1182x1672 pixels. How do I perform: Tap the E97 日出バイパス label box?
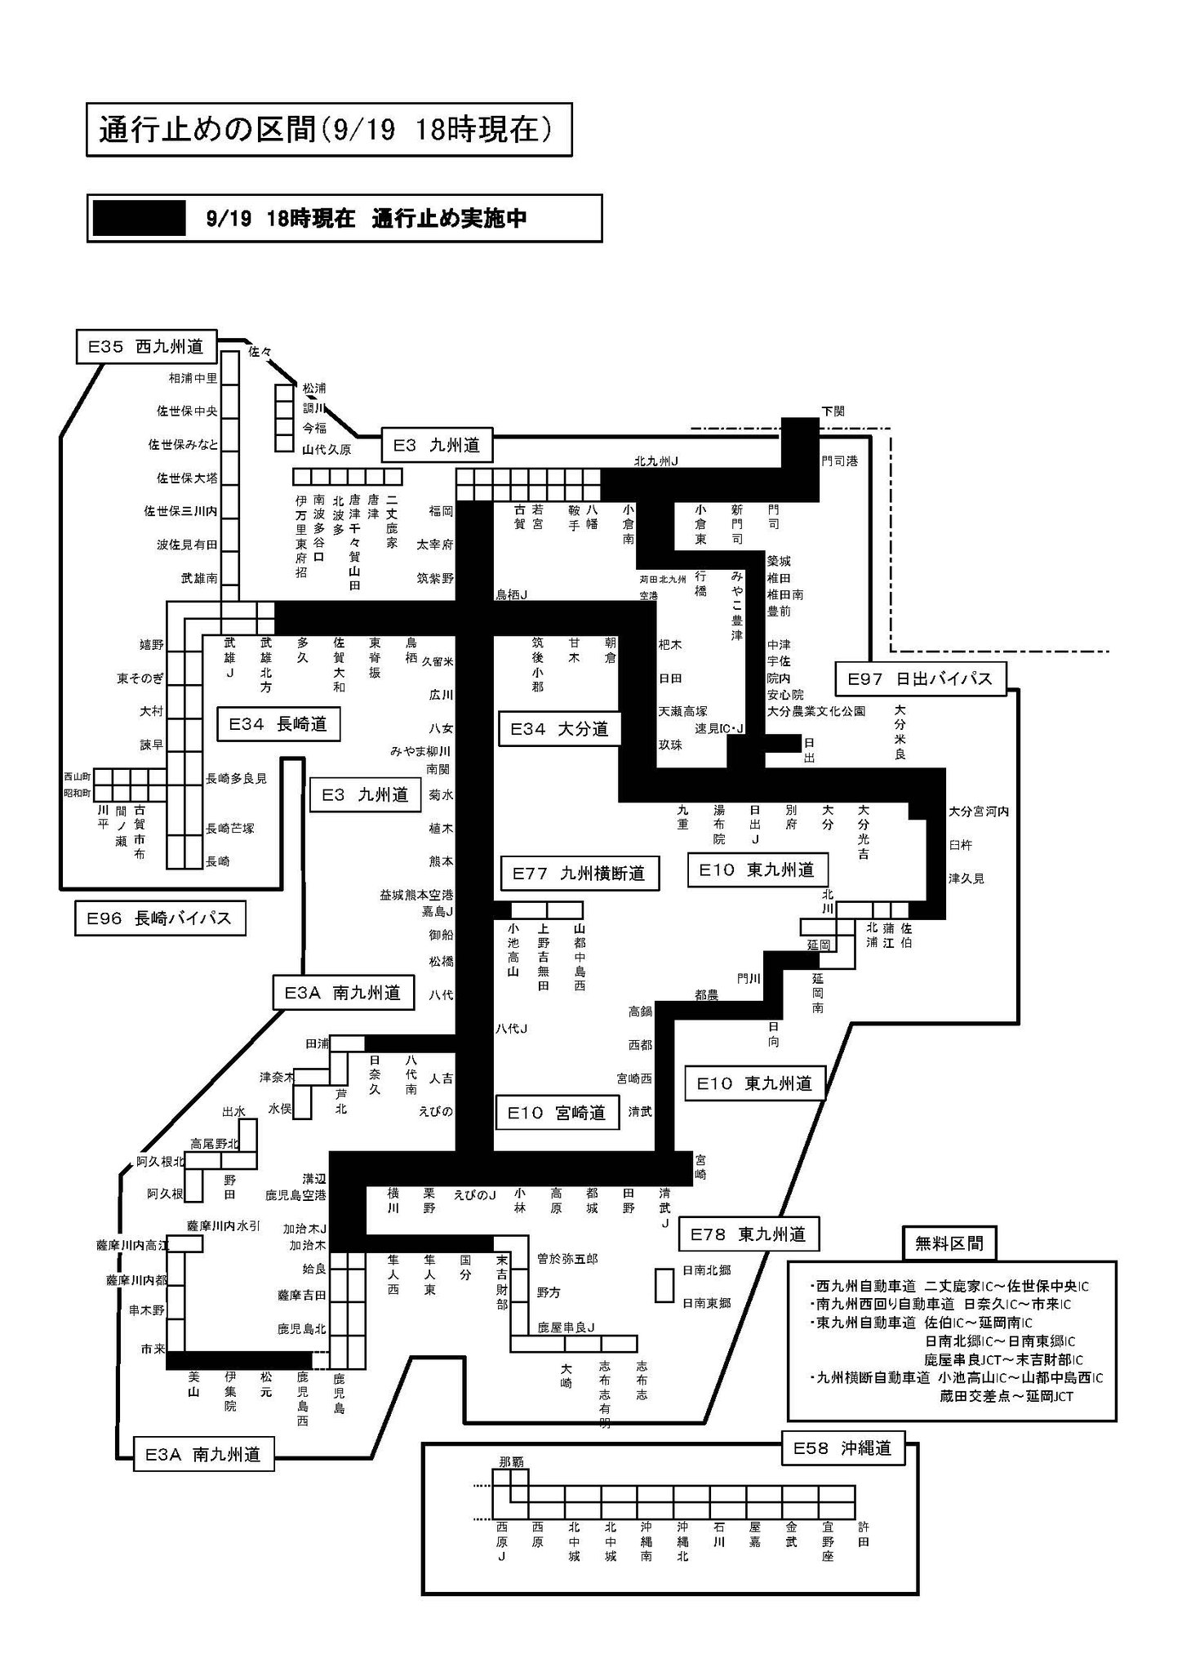tap(920, 678)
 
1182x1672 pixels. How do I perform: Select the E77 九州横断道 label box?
tap(579, 874)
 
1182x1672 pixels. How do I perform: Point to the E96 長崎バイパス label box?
tap(159, 918)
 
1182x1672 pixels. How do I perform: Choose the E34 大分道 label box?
tap(559, 729)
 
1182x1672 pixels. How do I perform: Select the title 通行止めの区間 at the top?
tap(329, 130)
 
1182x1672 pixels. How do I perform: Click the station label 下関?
tap(833, 411)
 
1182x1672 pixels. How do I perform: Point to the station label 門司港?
tap(840, 461)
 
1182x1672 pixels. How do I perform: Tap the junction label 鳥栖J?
tap(512, 595)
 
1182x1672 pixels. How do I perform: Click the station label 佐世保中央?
tap(188, 411)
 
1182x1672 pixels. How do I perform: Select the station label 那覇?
tap(511, 1461)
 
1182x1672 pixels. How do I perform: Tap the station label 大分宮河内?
tap(979, 812)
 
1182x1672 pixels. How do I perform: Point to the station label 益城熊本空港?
tap(416, 895)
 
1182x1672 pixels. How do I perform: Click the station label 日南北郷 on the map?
tap(706, 1270)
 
